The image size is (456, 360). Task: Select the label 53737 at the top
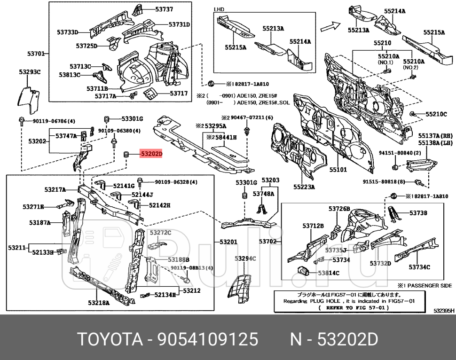pos(164,9)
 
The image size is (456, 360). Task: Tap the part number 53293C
pos(30,72)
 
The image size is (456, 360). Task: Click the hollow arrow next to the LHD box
pos(333,27)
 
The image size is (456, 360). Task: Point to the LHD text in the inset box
pos(219,9)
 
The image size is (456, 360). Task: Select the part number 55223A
pos(304,187)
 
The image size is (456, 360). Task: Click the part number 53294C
pos(245,258)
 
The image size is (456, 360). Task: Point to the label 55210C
pos(436,114)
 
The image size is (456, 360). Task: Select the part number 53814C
pos(328,273)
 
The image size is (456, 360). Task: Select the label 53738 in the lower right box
pos(417,213)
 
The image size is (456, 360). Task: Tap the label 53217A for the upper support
pos(55,190)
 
